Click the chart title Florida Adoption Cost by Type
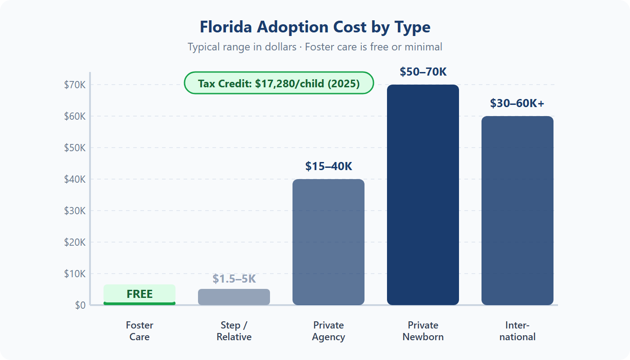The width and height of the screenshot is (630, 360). click(315, 27)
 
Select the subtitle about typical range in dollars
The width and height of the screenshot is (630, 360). click(315, 47)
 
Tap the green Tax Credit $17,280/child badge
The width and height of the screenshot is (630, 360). click(279, 83)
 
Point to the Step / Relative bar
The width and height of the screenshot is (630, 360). click(234, 297)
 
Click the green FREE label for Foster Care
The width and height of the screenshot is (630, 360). click(139, 294)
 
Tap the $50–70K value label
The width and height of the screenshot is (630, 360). click(423, 72)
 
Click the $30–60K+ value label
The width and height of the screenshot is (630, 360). click(517, 103)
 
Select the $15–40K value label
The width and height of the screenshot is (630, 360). click(328, 166)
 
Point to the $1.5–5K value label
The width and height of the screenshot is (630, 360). click(234, 279)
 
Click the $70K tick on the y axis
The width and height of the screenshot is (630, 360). click(75, 85)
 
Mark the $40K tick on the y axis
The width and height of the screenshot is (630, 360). click(75, 179)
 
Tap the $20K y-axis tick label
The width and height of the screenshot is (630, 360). click(75, 242)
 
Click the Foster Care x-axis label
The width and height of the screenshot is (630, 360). click(139, 331)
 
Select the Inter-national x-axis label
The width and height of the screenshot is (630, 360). click(517, 331)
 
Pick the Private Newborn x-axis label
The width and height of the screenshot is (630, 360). click(423, 331)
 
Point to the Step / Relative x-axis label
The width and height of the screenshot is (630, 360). click(234, 331)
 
